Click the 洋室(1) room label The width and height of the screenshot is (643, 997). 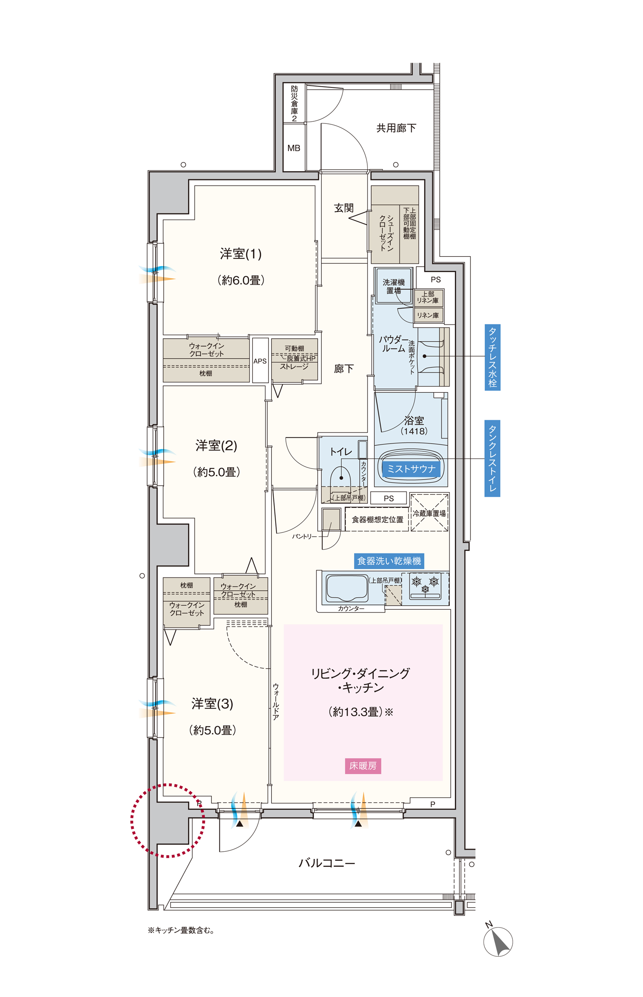coord(240,254)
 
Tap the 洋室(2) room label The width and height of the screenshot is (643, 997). coord(216,445)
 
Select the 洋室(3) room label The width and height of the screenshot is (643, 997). coord(212,703)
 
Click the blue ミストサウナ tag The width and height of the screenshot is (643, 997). coord(411,469)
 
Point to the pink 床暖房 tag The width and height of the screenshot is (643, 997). coord(363,766)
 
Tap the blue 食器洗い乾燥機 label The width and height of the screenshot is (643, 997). coord(389,561)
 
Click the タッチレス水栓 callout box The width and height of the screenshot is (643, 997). coord(493,357)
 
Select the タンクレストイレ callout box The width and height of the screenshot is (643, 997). coord(493,458)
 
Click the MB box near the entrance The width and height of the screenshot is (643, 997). coord(294,148)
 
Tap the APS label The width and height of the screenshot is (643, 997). coord(260,361)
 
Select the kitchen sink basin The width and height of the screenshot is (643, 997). coord(347,588)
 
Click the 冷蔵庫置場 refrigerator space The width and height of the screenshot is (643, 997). coord(429,513)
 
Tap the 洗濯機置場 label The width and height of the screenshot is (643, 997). coord(394,286)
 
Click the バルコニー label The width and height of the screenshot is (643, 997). coord(327,863)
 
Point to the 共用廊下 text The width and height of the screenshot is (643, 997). coord(396,128)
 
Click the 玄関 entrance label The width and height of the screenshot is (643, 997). coord(344,208)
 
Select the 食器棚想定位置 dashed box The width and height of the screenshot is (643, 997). coord(377,520)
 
